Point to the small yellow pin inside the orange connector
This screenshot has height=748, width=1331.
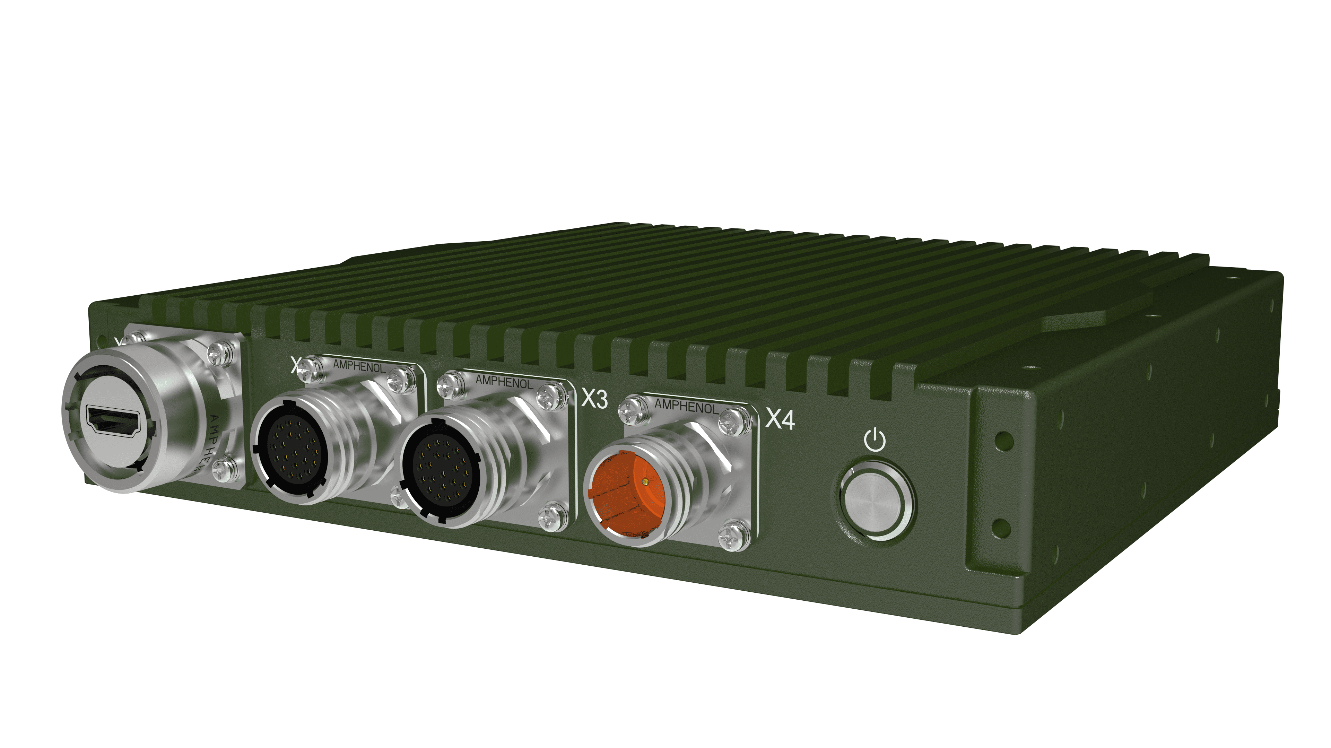point(644,481)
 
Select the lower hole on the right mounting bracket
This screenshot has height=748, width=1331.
point(1001,528)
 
